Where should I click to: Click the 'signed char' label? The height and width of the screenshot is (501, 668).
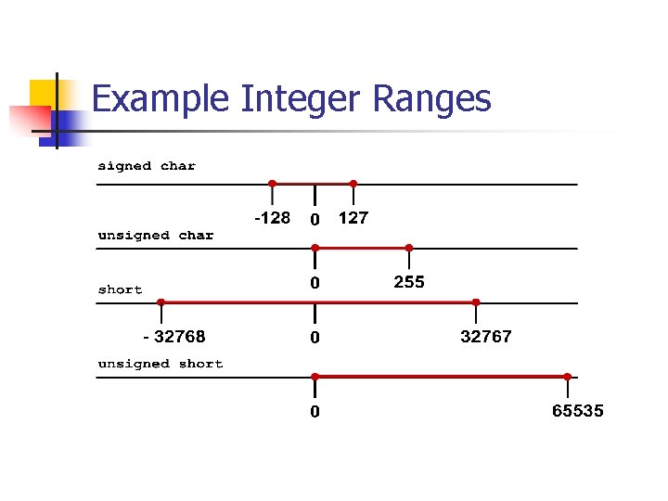point(147,166)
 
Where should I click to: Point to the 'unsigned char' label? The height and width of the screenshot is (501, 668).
point(156,236)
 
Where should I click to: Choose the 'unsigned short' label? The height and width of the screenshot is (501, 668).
point(161,364)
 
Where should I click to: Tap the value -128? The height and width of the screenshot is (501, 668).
point(272,218)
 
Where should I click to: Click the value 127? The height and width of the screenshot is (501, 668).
point(353,218)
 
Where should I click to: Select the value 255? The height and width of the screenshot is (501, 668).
point(409,282)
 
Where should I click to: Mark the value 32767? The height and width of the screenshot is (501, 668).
point(486,336)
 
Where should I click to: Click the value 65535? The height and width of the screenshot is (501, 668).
point(577,410)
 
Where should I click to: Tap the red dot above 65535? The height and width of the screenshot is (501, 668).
point(567,377)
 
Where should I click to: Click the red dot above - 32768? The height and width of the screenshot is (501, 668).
point(161,302)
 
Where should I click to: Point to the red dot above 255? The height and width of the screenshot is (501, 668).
point(409,248)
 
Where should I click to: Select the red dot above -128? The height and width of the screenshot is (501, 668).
point(272,184)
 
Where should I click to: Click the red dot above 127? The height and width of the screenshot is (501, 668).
point(353,184)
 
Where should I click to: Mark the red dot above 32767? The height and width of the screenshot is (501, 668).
point(476,302)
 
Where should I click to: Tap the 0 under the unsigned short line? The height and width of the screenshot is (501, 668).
point(315,411)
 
